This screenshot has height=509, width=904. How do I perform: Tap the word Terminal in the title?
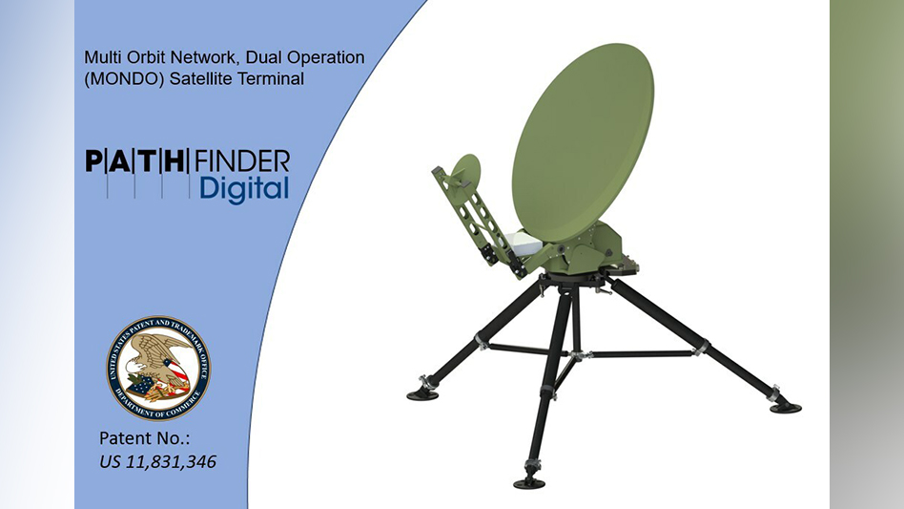click(272, 79)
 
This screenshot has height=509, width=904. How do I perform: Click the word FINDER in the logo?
click(242, 159)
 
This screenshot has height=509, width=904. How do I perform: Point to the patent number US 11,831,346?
click(158, 462)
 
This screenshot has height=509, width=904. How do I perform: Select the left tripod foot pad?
click(422, 392)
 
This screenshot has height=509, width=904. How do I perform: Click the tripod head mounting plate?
click(570, 280)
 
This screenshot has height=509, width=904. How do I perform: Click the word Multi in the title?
click(102, 58)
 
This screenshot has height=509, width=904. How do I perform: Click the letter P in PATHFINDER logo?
click(96, 159)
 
